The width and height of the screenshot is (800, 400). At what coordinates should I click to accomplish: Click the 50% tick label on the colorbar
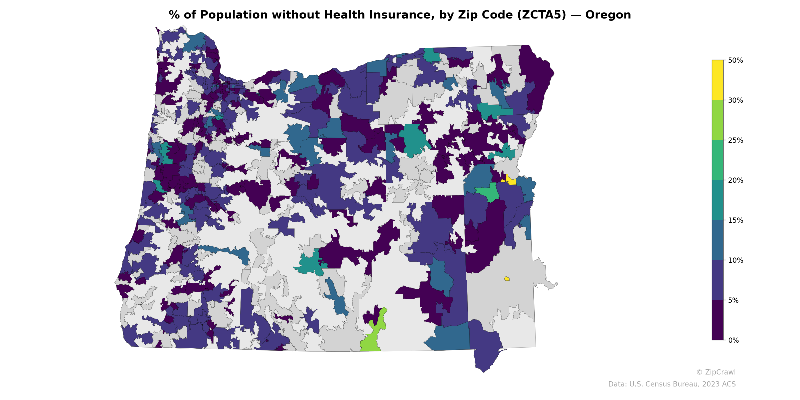click(x=735, y=60)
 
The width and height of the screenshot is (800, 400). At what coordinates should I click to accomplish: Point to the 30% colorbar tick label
click(x=735, y=100)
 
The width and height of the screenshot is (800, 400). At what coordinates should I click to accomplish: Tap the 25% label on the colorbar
click(x=735, y=140)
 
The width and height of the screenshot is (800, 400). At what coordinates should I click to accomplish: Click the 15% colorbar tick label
click(x=735, y=220)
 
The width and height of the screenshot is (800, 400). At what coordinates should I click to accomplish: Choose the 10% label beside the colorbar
click(x=735, y=260)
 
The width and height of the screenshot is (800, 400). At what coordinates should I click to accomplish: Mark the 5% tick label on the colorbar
click(x=733, y=300)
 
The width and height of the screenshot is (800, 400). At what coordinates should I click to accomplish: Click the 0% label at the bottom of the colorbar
click(x=733, y=340)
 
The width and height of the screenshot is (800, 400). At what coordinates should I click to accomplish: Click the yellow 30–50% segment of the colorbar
click(x=717, y=80)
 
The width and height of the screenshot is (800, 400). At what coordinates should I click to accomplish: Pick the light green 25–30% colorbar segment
click(x=717, y=120)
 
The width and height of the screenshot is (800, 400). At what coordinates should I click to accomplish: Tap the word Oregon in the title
click(x=608, y=15)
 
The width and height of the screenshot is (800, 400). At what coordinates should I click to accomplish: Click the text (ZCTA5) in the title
click(x=541, y=15)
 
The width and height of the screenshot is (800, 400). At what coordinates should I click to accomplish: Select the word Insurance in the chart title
click(x=400, y=15)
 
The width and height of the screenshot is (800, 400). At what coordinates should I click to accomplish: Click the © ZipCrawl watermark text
click(x=715, y=372)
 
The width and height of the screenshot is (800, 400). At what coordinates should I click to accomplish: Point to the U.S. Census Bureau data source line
click(x=672, y=384)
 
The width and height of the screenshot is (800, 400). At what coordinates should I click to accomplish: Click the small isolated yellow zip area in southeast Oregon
click(x=506, y=278)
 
